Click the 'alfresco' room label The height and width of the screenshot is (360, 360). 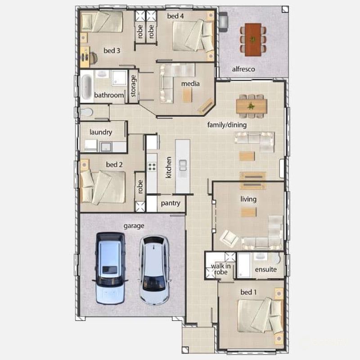243,69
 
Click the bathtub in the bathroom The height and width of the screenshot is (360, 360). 85,86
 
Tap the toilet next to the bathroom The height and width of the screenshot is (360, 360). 86,112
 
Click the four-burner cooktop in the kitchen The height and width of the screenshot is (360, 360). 152,166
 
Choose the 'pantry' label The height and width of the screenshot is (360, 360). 171,203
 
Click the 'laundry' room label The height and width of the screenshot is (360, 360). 101,132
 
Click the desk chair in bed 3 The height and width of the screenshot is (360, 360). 93,58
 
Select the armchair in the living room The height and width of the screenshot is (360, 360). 229,238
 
